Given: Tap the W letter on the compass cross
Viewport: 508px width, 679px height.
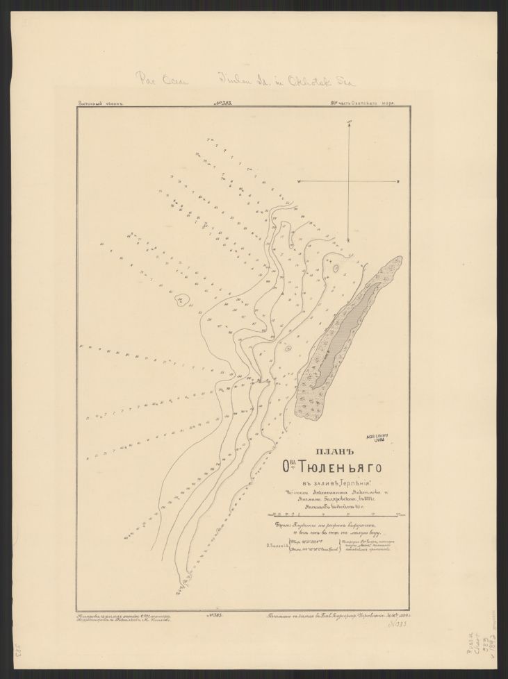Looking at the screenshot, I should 299,181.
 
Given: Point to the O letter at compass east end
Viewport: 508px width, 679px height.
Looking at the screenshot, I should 398,181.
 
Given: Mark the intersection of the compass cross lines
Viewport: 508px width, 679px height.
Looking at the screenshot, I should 349,181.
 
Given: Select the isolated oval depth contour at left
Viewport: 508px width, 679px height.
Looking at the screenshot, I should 183,299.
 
